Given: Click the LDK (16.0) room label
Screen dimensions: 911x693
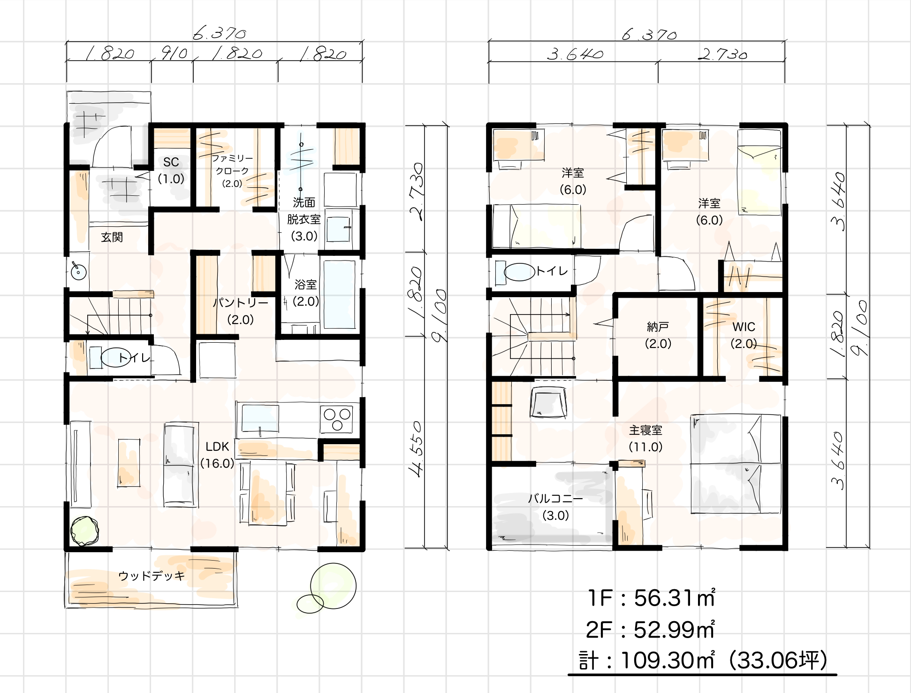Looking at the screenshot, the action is (217, 455).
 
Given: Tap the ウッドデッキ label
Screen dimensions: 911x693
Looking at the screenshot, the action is (152, 576).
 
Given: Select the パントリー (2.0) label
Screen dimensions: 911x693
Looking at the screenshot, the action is (241, 311).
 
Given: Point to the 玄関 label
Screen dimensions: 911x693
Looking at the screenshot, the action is (112, 237).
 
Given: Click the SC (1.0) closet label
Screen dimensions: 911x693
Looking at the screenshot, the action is (171, 170).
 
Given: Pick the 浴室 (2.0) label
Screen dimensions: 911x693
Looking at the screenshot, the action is (306, 293).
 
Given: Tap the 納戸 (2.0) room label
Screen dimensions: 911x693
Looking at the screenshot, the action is (658, 335).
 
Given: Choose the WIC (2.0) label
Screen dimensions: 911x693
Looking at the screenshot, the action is (744, 335).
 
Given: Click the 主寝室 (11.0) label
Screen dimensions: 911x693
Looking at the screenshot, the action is (645, 439).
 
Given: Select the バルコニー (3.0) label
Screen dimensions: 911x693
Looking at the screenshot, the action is (555, 507).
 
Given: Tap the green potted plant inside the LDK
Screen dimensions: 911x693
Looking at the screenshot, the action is (84, 531).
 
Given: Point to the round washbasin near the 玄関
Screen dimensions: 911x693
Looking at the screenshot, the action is (78, 271).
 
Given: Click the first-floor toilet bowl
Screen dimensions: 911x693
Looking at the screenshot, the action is (115, 358).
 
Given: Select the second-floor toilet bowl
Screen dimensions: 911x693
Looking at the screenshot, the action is (519, 271).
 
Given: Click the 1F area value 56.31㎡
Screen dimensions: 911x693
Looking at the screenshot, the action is (675, 598).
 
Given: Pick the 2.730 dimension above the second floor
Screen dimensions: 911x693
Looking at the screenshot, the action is (722, 54).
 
